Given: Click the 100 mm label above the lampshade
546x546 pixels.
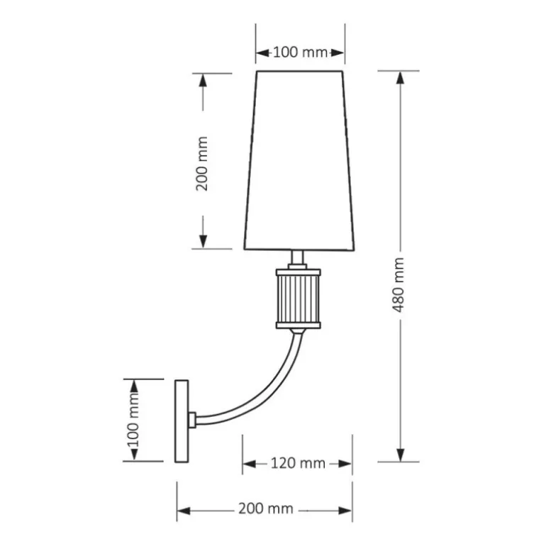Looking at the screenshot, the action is tap(300, 52).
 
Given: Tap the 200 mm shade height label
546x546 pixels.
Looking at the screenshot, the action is tap(202, 164).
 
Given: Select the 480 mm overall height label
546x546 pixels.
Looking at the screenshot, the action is tap(398, 285).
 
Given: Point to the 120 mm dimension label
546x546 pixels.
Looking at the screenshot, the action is tap(298, 464).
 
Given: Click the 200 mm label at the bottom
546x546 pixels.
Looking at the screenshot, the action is tap(266, 509).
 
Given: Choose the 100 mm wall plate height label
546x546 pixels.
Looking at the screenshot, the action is tap(133, 420).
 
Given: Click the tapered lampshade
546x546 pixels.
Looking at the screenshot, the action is tap(299, 160).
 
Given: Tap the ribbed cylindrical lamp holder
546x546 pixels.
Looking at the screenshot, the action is tap(299, 299).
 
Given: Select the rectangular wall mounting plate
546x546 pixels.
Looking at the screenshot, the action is tap(182, 421).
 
